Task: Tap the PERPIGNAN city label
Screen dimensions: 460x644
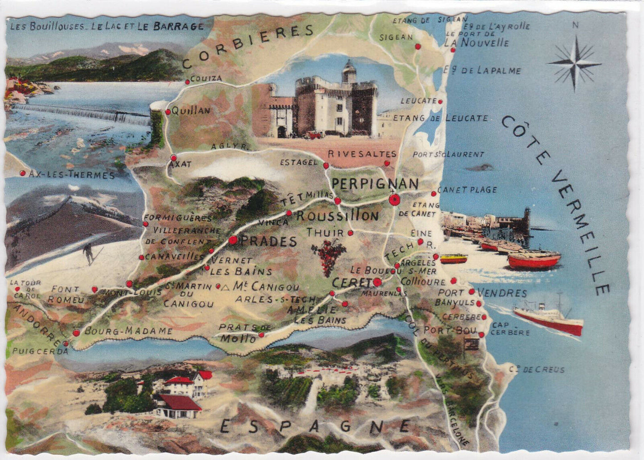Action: click(375, 183)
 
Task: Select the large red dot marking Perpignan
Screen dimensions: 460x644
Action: click(394, 200)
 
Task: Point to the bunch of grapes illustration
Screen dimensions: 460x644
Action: click(329, 256)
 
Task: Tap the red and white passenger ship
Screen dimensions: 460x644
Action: click(548, 317)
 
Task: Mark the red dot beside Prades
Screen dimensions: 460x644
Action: click(233, 240)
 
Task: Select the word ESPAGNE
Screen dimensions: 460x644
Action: click(315, 427)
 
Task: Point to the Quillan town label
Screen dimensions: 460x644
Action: click(191, 111)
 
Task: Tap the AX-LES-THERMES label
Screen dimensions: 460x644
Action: click(72, 175)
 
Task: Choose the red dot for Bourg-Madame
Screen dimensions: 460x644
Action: click(76, 332)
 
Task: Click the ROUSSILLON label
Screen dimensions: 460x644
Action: click(337, 216)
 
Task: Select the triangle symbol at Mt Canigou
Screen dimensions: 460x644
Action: click(226, 288)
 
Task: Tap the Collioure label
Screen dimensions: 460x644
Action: click(423, 281)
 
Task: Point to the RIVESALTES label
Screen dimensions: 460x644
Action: click(362, 154)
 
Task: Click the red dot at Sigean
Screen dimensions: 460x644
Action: click(418, 46)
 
